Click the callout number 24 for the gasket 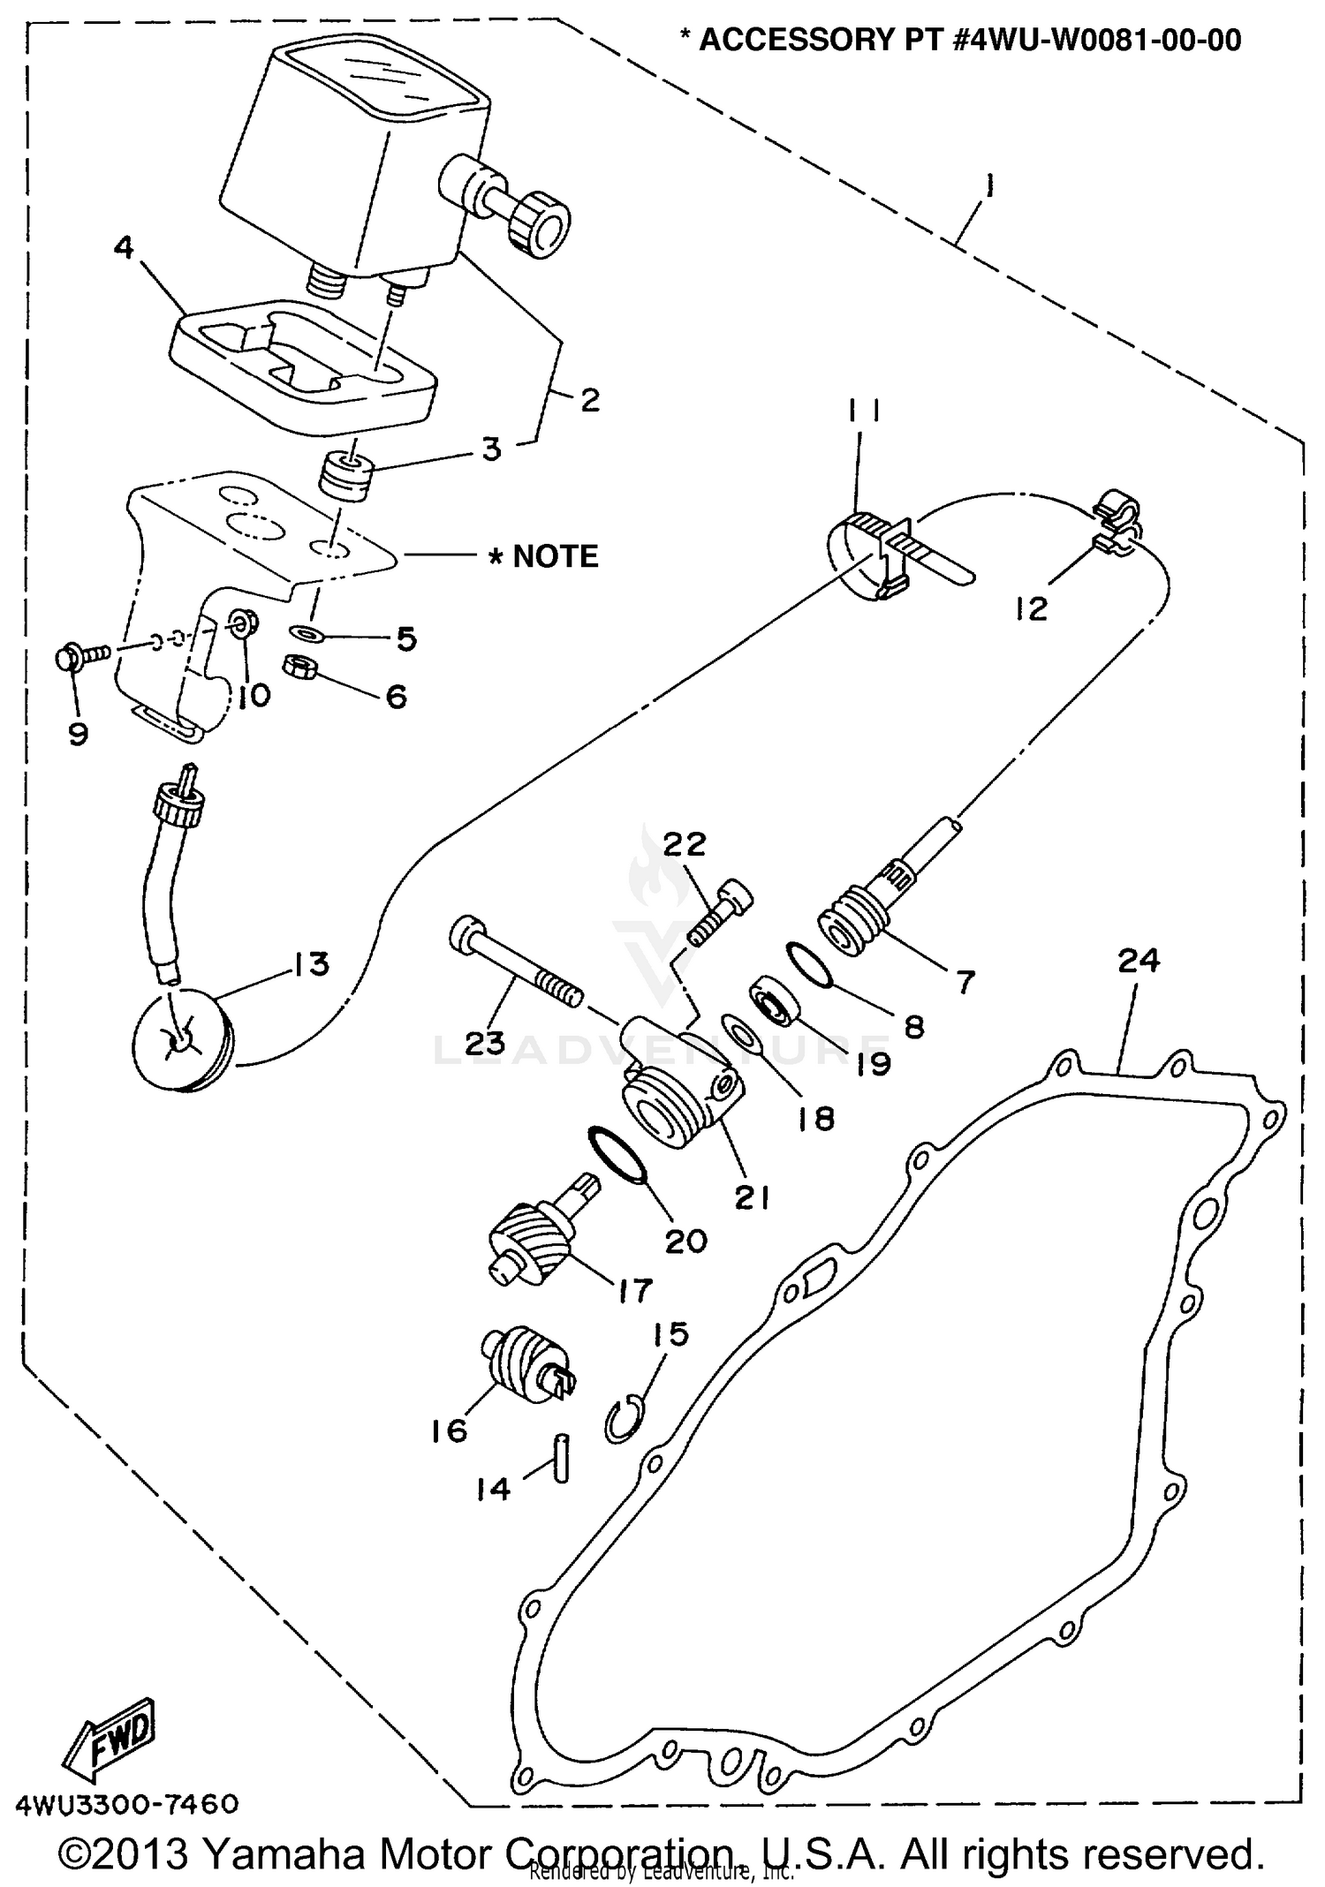1138,961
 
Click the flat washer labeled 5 306,632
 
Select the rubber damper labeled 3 345,476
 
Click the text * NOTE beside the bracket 544,556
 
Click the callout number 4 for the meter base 124,248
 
